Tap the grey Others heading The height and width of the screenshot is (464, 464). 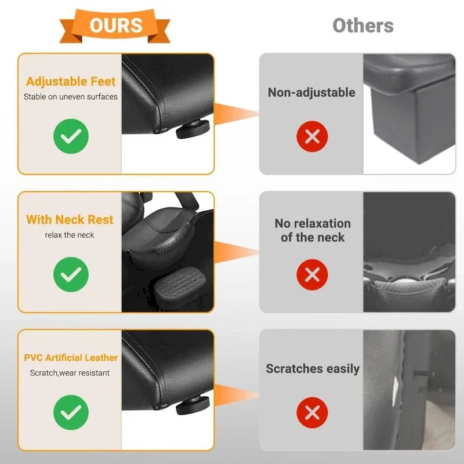363,26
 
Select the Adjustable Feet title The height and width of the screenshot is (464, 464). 71,81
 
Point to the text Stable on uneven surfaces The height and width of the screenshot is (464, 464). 70,97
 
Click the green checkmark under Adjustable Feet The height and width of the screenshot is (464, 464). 71,136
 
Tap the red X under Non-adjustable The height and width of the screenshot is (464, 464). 312,136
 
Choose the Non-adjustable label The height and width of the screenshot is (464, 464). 311,93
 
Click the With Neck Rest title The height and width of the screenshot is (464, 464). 70,220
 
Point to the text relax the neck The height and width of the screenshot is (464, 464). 70,235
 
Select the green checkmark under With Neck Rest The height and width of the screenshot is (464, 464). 71,274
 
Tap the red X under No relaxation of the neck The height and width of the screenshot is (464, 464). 312,274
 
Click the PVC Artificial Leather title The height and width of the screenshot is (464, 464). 71,358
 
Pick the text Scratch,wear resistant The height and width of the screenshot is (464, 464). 70,373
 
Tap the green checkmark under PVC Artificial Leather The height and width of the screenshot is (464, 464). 71,412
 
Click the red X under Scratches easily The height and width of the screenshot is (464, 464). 312,412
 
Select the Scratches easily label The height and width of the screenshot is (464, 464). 313,369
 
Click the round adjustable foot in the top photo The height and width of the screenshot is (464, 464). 193,130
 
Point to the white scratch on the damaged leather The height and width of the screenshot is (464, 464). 395,390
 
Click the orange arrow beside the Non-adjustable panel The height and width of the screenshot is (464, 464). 236,114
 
